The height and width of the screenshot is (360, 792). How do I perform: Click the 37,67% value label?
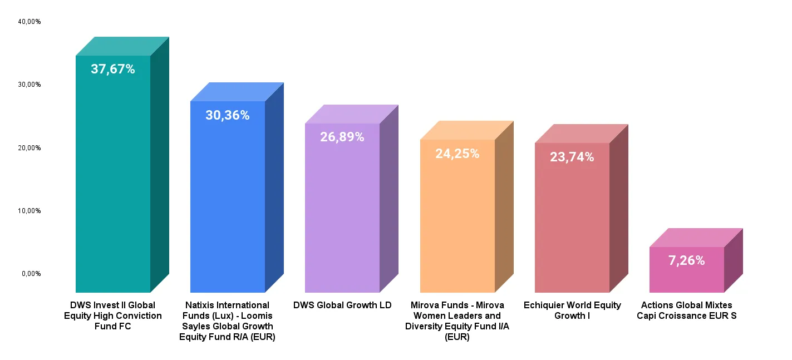click(x=113, y=70)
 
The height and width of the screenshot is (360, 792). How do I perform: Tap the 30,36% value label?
click(x=228, y=116)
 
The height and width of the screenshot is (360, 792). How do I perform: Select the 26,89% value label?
click(x=342, y=137)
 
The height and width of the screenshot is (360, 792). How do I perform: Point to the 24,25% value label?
click(x=458, y=154)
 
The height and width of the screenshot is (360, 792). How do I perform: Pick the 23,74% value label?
click(x=572, y=157)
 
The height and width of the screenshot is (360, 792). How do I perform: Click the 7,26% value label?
click(x=687, y=260)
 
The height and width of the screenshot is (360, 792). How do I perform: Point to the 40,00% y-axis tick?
click(x=29, y=22)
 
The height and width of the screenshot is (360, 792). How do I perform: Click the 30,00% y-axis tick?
click(x=29, y=85)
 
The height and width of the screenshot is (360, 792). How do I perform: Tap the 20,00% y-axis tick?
click(x=29, y=148)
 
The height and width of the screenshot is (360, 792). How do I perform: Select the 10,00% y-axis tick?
click(x=29, y=211)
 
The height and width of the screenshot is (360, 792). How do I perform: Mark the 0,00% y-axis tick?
click(x=31, y=274)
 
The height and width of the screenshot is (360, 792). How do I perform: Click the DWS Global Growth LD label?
click(x=342, y=305)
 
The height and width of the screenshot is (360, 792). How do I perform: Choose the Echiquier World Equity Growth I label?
click(x=572, y=310)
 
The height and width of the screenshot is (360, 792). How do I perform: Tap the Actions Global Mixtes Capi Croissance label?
click(x=687, y=310)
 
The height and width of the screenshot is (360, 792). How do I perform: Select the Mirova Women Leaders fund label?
click(x=458, y=321)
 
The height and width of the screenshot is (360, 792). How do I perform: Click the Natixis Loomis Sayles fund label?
click(x=228, y=321)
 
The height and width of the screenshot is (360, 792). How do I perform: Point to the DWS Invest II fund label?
click(x=113, y=315)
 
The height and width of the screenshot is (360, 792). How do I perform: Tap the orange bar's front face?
click(x=458, y=223)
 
